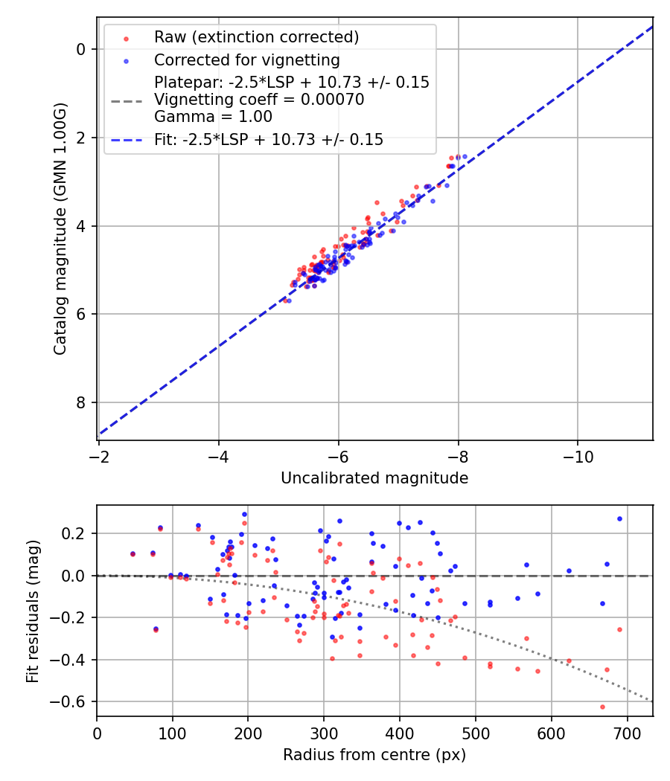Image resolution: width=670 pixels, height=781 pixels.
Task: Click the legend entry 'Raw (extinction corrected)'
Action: pyautogui.click(x=256, y=37)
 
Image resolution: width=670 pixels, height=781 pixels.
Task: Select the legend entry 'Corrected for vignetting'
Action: pyautogui.click(x=246, y=60)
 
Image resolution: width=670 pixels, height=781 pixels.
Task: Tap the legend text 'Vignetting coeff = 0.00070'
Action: pyautogui.click(x=259, y=100)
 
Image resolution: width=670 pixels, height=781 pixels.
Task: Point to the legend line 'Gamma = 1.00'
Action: pyautogui.click(x=213, y=117)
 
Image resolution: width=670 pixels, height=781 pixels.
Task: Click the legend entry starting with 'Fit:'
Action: pyautogui.click(x=269, y=140)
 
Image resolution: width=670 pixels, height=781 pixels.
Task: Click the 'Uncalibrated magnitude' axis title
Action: pyautogui.click(x=374, y=478)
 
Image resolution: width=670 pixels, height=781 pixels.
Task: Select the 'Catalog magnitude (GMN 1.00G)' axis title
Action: pyautogui.click(x=61, y=240)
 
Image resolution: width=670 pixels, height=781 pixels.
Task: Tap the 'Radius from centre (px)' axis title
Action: pyautogui.click(x=374, y=755)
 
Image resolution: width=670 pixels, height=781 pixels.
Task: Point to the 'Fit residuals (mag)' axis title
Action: pyautogui.click(x=33, y=611)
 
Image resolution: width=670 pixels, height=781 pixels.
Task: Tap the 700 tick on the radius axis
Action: pyautogui.click(x=627, y=733)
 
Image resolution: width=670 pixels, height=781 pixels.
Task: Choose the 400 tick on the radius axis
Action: pyautogui.click(x=400, y=733)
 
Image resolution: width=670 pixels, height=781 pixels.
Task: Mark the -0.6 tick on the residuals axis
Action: pyautogui.click(x=73, y=701)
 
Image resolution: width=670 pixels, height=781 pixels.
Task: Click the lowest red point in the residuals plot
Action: pyautogui.click(x=602, y=707)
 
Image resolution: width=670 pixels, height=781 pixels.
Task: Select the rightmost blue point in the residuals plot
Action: pyautogui.click(x=619, y=518)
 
